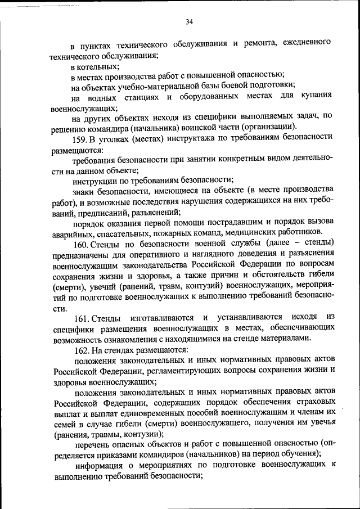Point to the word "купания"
(x=318, y=96)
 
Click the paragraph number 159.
(x=79, y=139)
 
